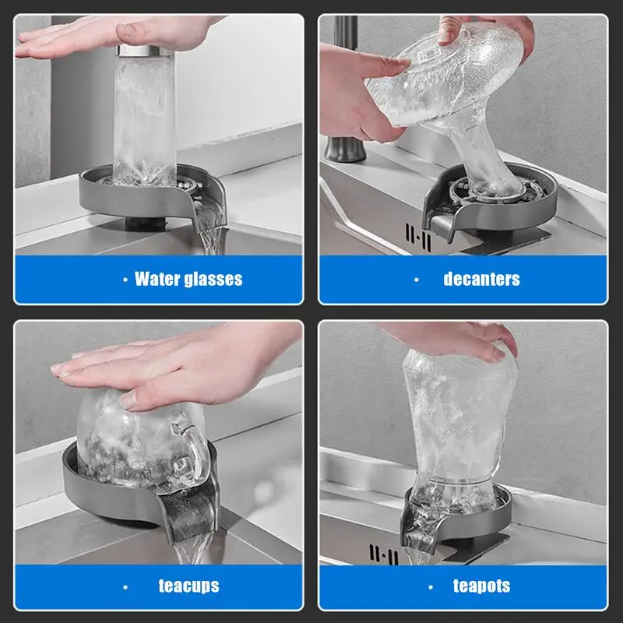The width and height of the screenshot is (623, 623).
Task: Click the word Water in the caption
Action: click(158, 279)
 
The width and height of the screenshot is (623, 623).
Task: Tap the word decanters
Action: click(481, 279)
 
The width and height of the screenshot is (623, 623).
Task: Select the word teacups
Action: click(188, 586)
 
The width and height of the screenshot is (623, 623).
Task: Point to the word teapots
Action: click(481, 586)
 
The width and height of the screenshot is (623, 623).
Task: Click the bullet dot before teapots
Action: click(430, 586)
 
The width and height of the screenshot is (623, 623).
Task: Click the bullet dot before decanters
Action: click(417, 279)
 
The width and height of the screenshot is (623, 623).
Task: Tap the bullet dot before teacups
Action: click(125, 586)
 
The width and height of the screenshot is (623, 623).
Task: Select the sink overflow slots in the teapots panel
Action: click(383, 555)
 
